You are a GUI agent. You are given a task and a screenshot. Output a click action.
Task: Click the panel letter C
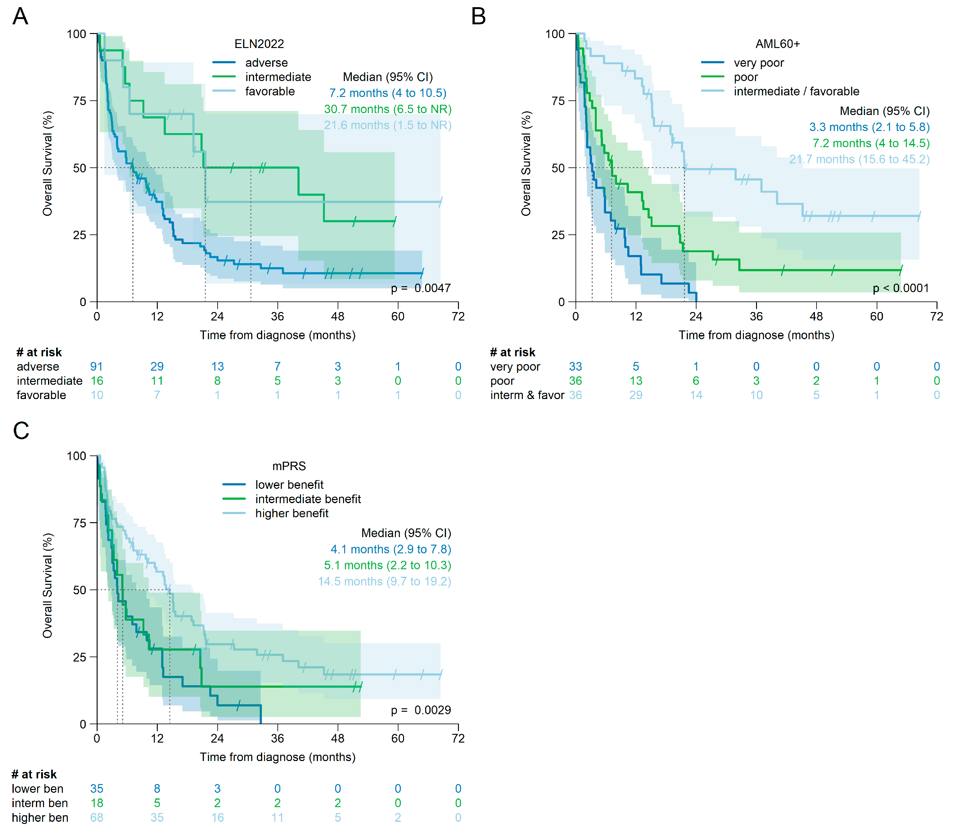pyautogui.click(x=21, y=431)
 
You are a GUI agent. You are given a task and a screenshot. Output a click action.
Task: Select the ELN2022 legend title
pyautogui.click(x=259, y=44)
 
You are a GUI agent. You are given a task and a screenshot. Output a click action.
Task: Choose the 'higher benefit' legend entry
pyautogui.click(x=291, y=513)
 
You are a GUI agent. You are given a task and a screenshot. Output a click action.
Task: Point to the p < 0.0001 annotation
pyautogui.click(x=901, y=288)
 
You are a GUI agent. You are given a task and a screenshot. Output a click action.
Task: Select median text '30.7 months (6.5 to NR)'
pyautogui.click(x=388, y=109)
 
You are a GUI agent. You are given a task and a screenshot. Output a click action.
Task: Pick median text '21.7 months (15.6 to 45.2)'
pyautogui.click(x=859, y=159)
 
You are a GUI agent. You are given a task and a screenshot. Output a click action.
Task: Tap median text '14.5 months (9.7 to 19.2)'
pyautogui.click(x=384, y=581)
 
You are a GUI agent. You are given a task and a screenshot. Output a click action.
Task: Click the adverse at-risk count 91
pyautogui.click(x=97, y=367)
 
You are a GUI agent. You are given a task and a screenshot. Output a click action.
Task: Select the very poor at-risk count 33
pyautogui.click(x=576, y=367)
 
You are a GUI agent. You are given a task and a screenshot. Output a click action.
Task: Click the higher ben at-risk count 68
pyautogui.click(x=97, y=818)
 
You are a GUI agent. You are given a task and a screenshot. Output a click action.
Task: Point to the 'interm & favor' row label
pyautogui.click(x=527, y=395)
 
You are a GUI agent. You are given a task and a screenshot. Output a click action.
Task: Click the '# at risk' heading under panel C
pyautogui.click(x=34, y=774)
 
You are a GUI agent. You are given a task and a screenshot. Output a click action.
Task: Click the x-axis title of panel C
pyautogui.click(x=277, y=757)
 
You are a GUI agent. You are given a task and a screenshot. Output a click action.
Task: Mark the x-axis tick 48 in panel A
pyautogui.click(x=338, y=316)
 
